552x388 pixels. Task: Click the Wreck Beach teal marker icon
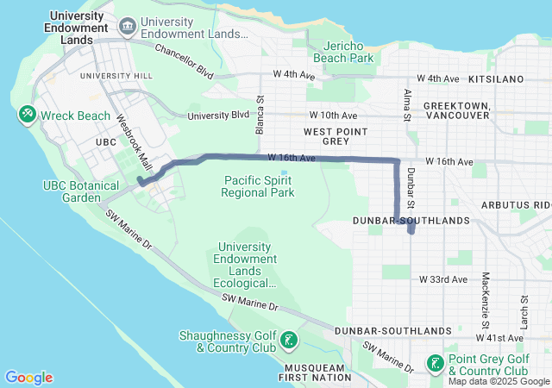(27, 115)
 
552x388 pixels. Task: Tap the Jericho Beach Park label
(348, 52)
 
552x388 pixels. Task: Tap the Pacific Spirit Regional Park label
(258, 186)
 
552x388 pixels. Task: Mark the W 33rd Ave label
(442, 279)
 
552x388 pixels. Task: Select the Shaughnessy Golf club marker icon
(289, 341)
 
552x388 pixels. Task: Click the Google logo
(28, 378)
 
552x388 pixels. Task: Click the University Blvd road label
(218, 115)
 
